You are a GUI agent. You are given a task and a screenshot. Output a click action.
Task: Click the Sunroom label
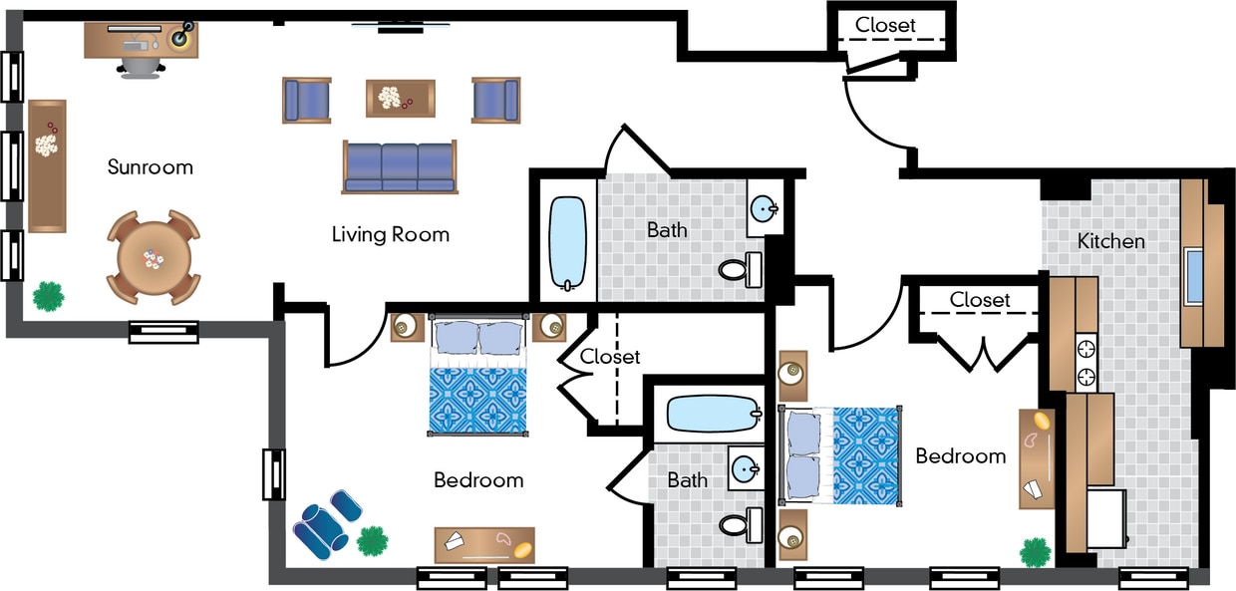point(150,166)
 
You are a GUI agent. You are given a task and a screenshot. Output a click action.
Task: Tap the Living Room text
point(390,234)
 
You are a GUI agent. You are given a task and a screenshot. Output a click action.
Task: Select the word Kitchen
point(1110,241)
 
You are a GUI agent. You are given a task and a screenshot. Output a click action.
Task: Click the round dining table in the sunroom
point(153,258)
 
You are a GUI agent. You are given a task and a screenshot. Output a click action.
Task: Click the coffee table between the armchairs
point(400,98)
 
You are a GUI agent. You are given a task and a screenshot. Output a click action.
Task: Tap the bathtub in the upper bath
point(568,242)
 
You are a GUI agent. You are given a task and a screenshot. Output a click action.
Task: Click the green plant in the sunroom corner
point(48,295)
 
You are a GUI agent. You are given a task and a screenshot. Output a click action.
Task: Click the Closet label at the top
point(885,25)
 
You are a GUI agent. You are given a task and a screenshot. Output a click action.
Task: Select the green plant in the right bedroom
point(1036,551)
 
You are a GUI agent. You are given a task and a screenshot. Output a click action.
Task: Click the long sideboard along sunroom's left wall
point(46,165)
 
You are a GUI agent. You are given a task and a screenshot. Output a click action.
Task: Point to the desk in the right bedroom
point(1037,458)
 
